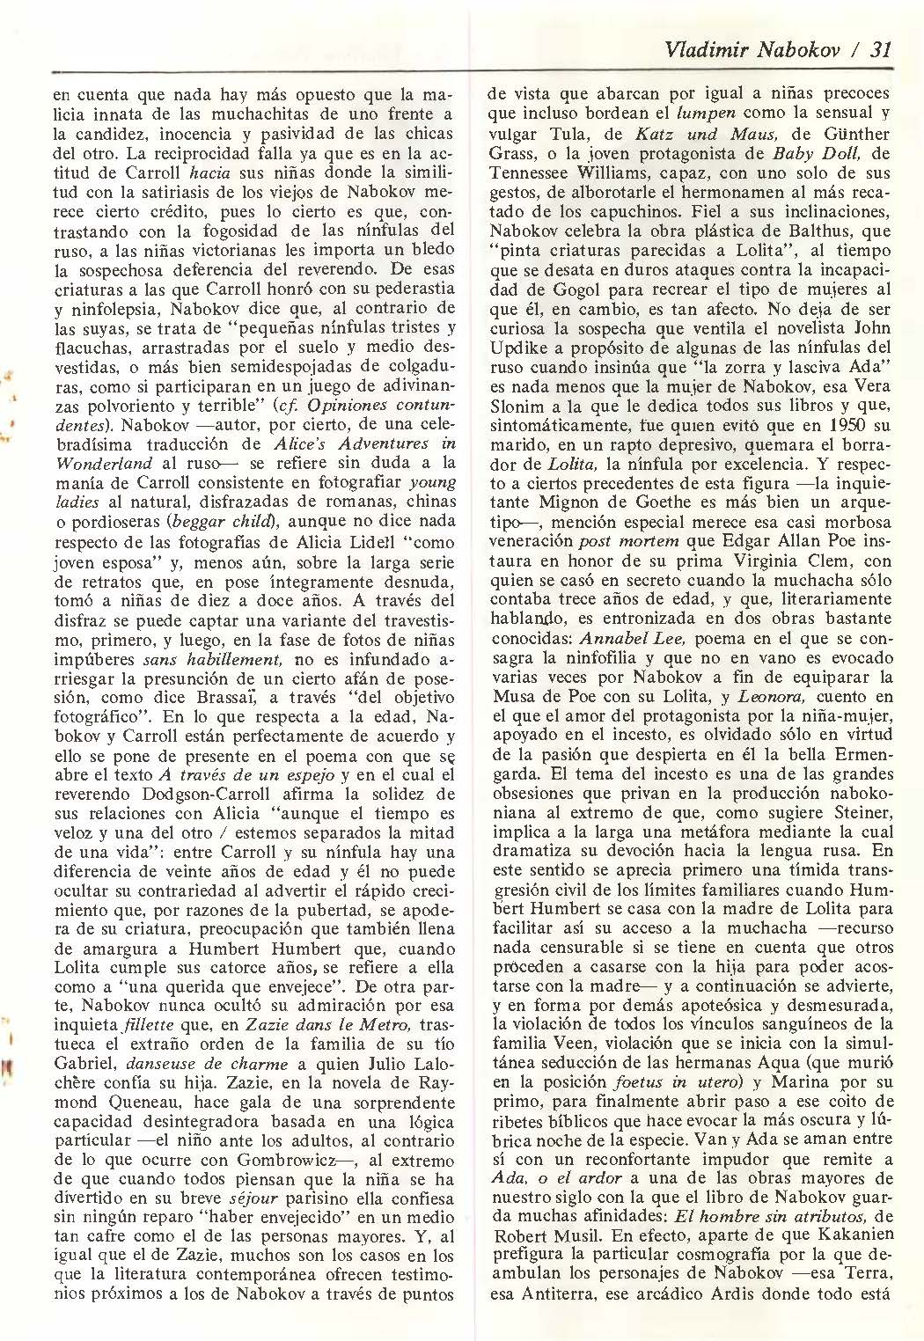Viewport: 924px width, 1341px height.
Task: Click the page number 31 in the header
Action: tap(880, 50)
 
